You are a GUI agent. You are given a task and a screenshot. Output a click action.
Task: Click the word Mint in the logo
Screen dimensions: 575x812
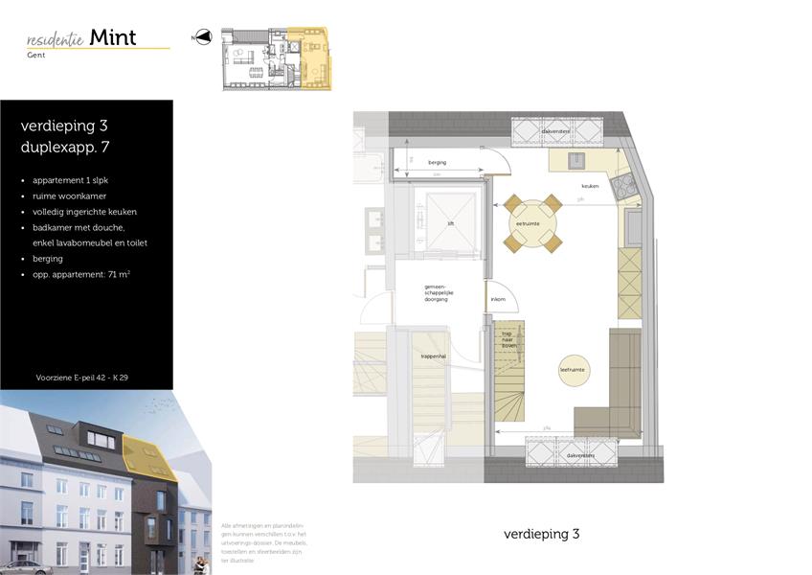[113, 37]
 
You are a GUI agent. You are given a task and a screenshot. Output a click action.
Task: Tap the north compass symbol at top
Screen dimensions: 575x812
[202, 37]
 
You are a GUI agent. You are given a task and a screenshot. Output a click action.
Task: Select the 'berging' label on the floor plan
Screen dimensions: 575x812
[437, 163]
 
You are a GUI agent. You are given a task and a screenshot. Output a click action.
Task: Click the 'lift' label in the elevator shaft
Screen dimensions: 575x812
[450, 223]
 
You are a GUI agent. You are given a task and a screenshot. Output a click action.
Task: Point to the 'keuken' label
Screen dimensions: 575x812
[590, 186]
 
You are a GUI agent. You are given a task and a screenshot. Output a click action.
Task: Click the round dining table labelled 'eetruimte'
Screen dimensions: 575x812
[528, 223]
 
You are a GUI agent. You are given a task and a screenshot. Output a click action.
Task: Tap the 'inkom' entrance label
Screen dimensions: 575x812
[498, 299]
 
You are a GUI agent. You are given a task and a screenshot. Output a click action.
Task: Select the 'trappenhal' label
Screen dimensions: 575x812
[434, 356]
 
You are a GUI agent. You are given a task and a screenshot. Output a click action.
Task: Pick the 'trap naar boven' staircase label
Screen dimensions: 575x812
[508, 340]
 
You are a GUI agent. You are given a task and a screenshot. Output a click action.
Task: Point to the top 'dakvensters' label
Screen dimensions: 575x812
[555, 131]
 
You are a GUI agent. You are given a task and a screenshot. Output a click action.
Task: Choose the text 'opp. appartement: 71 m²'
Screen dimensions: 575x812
[81, 274]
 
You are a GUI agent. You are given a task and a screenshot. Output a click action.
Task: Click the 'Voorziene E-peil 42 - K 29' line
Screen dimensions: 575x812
[81, 378]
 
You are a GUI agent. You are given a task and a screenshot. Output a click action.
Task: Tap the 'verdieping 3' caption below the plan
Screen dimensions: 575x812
[542, 534]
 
